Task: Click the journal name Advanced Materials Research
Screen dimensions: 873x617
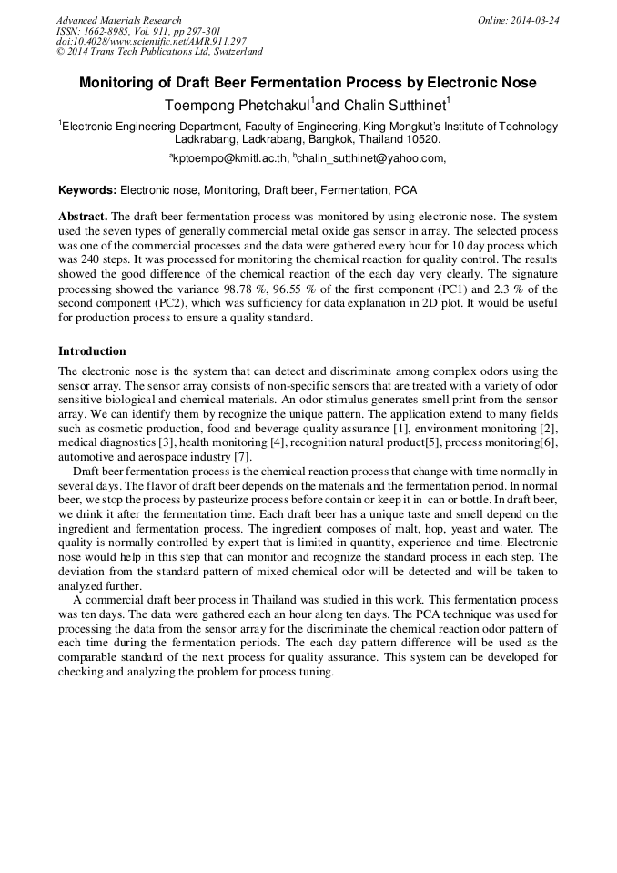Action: (118, 20)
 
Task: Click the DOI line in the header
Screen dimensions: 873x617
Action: (151, 42)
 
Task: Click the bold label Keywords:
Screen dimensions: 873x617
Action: (87, 190)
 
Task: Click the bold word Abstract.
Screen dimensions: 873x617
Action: (82, 218)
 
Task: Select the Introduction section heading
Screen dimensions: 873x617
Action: (92, 350)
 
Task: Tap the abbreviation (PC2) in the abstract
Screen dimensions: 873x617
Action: (173, 303)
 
